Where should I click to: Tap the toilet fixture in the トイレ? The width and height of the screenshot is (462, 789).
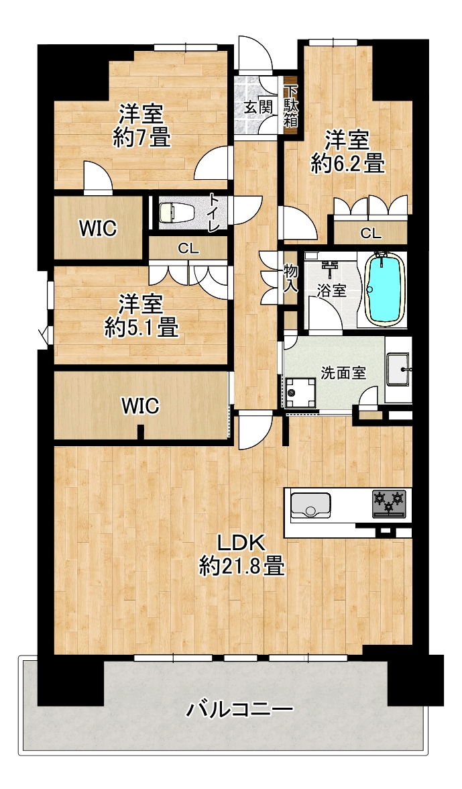pos(174,213)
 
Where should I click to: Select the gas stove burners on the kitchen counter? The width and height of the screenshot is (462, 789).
pos(389,504)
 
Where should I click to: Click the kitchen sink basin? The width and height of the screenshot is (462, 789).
pos(310,505)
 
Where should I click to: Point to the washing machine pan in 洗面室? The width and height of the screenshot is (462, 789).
pos(300,393)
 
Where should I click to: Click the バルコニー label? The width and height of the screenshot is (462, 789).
pos(239,710)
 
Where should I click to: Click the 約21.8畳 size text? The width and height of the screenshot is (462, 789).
pos(241,566)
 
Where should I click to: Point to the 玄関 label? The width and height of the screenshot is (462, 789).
pos(259,107)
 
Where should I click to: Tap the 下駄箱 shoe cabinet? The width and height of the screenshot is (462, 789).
pos(290,106)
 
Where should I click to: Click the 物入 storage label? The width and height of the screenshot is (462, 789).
pos(290,278)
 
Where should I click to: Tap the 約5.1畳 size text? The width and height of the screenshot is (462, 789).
pos(141,327)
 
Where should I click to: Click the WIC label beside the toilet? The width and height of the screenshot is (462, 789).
pos(98,228)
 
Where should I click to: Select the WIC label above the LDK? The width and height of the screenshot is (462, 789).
pos(141,405)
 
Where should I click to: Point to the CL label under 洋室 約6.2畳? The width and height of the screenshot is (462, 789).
pos(371,233)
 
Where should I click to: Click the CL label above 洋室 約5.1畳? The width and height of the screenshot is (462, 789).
pos(188,248)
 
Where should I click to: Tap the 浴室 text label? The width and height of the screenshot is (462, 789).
pos(331,291)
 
